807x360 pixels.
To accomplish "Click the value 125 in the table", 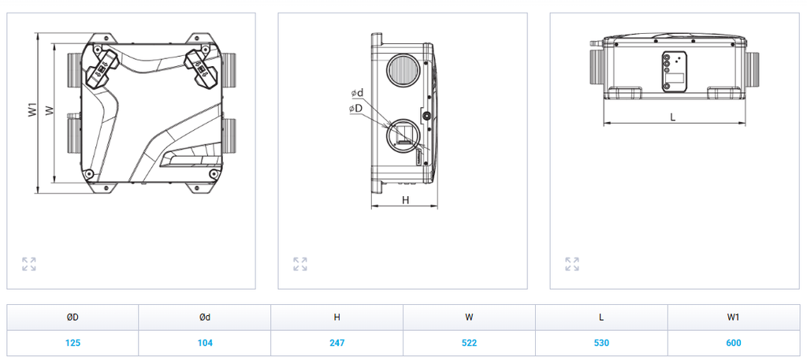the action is [x=73, y=343].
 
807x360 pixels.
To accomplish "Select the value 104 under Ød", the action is [x=205, y=343].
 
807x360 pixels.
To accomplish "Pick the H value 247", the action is [x=337, y=343].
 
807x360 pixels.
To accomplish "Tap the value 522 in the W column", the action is [x=470, y=343].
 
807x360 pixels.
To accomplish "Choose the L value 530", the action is [x=601, y=343].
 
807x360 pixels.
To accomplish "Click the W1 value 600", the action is [x=734, y=343].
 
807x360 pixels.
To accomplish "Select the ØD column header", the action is [x=73, y=317].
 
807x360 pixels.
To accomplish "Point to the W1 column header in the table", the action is [x=734, y=317].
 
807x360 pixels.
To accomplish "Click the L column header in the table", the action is [x=601, y=317].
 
